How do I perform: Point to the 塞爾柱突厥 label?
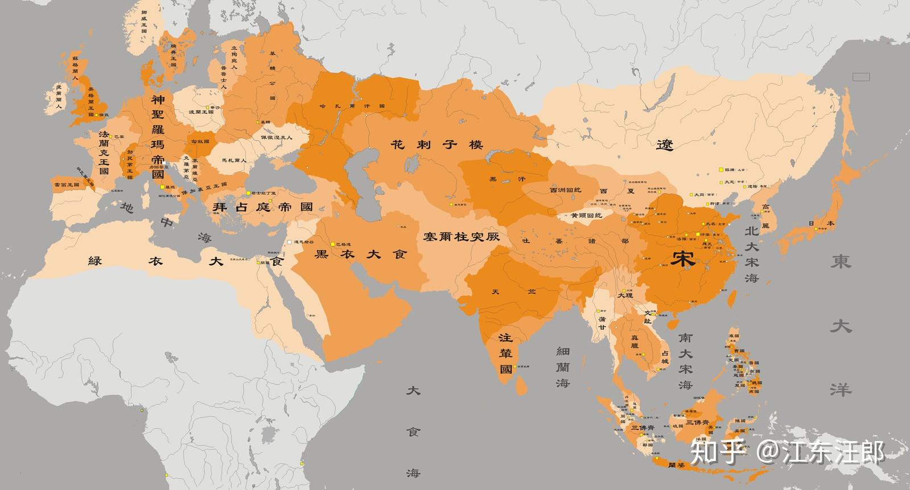(461, 236)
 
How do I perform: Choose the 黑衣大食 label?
(361, 254)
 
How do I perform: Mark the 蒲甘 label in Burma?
(602, 323)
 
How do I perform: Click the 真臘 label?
(635, 345)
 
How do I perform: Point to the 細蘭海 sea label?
(563, 367)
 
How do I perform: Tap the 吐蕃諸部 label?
(575, 241)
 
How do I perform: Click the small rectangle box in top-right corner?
(860, 76)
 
